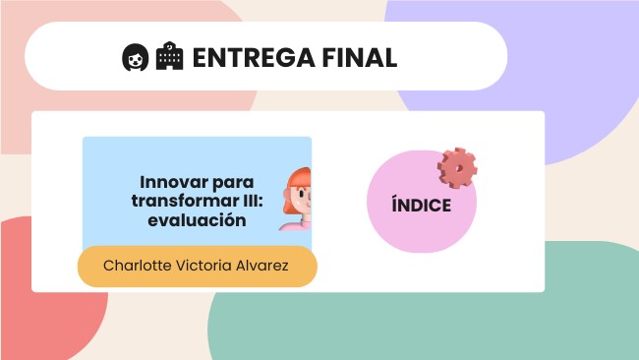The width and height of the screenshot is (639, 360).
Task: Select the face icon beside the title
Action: pos(134,57)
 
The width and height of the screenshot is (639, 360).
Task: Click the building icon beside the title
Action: pos(169,57)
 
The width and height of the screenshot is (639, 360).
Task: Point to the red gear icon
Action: pos(457,168)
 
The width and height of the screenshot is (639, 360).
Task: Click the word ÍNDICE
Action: pos(421,206)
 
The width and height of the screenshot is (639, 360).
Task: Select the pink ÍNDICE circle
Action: pos(418,231)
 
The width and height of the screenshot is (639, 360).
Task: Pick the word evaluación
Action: pos(196,220)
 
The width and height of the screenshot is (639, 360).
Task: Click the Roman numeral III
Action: pos(252,202)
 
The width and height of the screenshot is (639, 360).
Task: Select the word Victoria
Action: pos(207,267)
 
